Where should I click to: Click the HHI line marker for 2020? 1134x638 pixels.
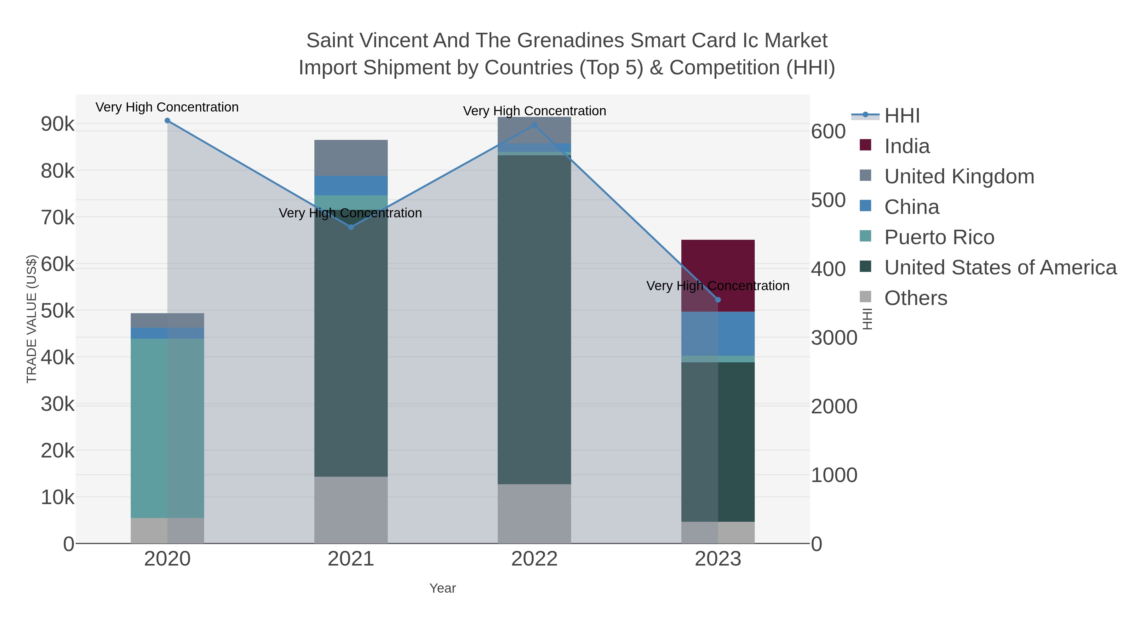pos(167,121)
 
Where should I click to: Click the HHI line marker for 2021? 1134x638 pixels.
pos(351,227)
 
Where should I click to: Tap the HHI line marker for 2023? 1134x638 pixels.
pos(718,300)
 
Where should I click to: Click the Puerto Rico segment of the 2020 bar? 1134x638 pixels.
pos(167,428)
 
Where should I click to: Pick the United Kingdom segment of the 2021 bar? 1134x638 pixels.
pos(351,158)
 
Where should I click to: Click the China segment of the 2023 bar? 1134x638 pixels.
pos(718,333)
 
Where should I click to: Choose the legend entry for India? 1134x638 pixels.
pos(907,146)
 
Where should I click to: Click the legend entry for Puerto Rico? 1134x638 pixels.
pos(939,237)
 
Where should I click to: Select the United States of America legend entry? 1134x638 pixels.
pos(1000,268)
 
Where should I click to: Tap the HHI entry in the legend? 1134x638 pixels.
pos(902,116)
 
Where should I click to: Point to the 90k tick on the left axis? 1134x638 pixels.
pos(58,124)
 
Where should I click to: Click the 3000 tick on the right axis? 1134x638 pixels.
pos(834,338)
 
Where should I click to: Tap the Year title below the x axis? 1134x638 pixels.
pos(443,588)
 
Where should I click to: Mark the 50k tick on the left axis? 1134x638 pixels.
pos(58,311)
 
